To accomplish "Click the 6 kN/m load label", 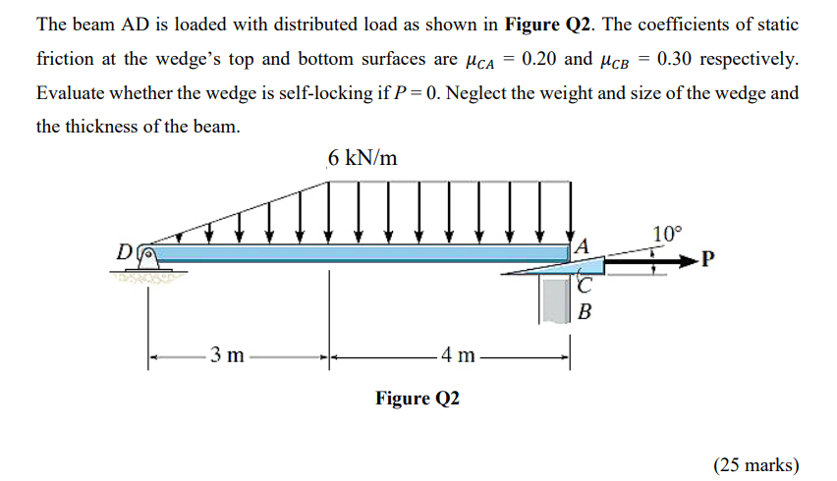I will tap(363, 158).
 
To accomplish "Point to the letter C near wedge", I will tap(586, 286).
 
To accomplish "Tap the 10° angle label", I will tap(665, 234).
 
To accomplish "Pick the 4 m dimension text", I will tap(458, 355).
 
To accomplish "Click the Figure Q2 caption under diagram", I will tap(417, 398).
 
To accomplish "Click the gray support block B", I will tap(556, 299).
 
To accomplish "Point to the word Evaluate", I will tap(71, 93).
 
